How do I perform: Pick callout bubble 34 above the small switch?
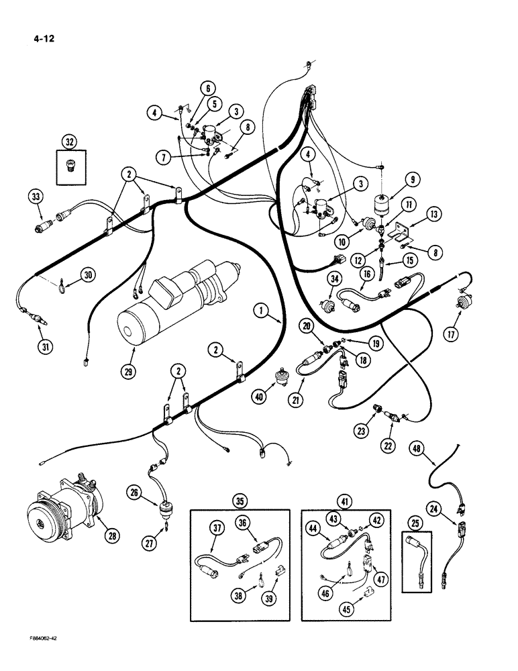(333, 278)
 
